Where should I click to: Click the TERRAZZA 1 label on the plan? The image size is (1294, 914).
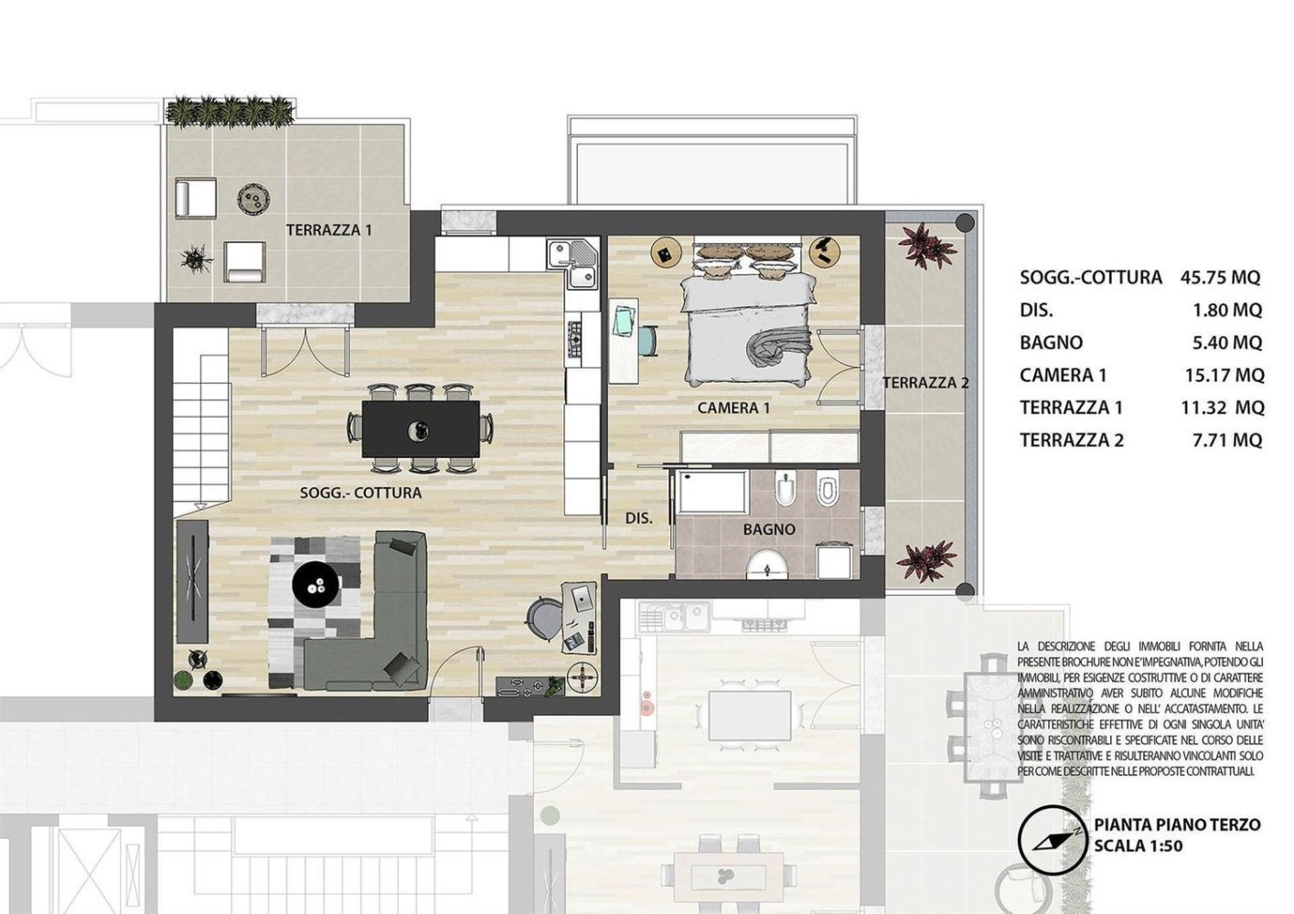(x=329, y=230)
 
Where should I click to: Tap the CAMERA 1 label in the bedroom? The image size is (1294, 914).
(x=734, y=408)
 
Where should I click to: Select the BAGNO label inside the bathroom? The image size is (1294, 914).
(x=768, y=529)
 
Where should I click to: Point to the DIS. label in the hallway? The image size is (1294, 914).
(x=638, y=518)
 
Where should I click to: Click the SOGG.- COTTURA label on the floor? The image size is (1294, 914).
(x=360, y=493)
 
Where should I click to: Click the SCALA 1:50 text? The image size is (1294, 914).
(x=1138, y=845)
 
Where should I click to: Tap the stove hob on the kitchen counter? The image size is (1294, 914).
(x=578, y=338)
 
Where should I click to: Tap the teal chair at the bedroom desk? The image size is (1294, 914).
(x=647, y=339)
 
